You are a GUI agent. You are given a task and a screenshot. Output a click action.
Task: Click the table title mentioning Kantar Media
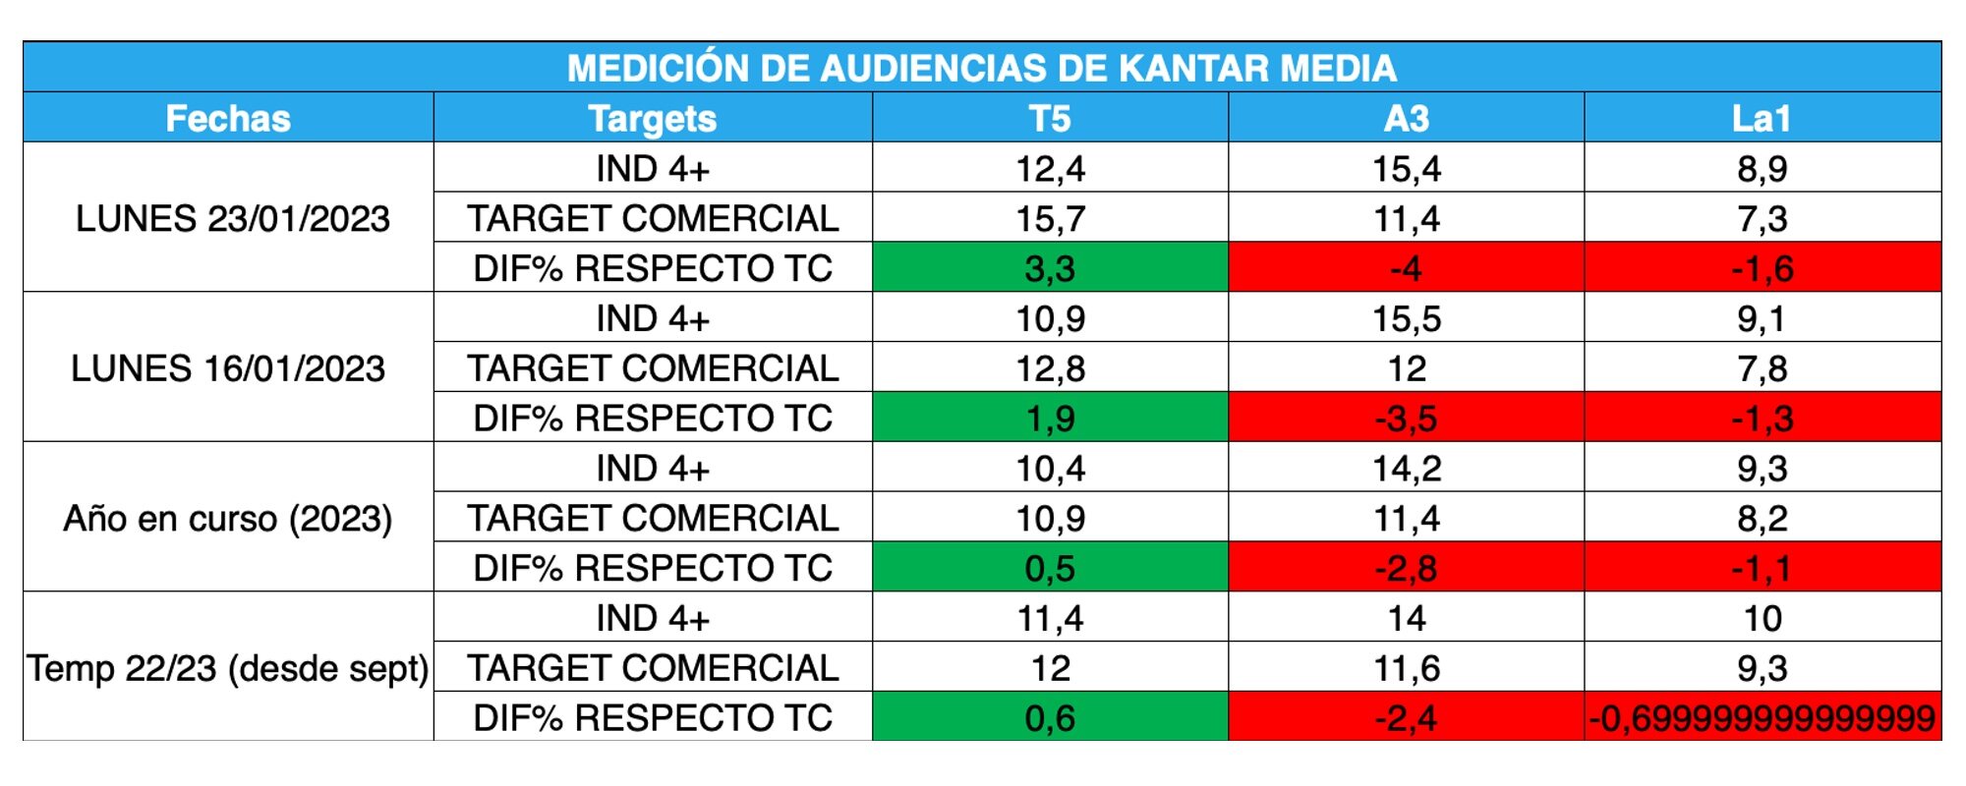(x=981, y=68)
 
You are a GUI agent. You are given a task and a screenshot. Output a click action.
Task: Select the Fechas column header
(x=228, y=119)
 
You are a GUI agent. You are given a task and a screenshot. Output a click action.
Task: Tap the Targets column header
(x=653, y=119)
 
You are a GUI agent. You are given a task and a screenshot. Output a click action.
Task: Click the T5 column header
(x=1050, y=119)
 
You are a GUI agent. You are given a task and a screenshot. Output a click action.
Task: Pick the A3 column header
(x=1406, y=119)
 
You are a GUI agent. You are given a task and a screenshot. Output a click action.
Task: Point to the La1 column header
(x=1762, y=119)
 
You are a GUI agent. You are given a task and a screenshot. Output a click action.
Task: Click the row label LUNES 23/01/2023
(x=233, y=218)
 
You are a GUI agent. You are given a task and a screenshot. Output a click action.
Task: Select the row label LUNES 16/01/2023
(x=228, y=368)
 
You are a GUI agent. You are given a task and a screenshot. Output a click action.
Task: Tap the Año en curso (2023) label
(x=228, y=518)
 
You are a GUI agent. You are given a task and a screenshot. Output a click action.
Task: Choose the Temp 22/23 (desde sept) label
(x=228, y=668)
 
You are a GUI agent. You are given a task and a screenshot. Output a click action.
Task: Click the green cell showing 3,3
(x=1050, y=268)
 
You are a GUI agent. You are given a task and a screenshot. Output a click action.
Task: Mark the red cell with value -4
(x=1406, y=268)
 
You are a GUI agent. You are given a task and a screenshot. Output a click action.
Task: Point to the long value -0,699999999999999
(x=1762, y=718)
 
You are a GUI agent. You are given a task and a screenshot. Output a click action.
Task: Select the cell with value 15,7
(x=1050, y=218)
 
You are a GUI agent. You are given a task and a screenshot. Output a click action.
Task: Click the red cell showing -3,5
(x=1406, y=419)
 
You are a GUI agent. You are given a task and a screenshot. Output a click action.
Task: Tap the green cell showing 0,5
(x=1050, y=568)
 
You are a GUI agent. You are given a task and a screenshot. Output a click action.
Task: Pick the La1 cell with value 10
(x=1762, y=618)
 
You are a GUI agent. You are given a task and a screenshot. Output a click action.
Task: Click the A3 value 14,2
(x=1406, y=469)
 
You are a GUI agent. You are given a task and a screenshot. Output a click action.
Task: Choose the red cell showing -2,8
(x=1406, y=568)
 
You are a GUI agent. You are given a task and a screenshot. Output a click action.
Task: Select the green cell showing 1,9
(x=1050, y=419)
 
